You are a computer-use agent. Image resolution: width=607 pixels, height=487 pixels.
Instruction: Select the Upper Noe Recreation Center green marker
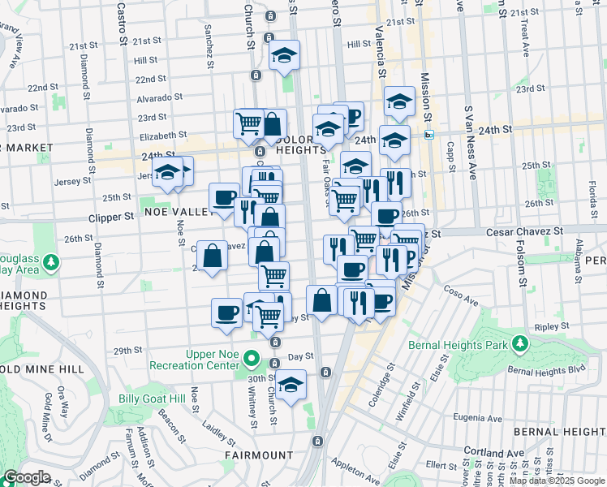tap(252, 358)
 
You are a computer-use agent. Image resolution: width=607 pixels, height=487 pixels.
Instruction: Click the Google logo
tap(27, 477)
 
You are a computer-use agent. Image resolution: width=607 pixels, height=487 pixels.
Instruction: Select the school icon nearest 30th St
tap(291, 385)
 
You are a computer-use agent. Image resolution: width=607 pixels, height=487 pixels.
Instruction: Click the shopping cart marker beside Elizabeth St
tap(248, 124)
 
